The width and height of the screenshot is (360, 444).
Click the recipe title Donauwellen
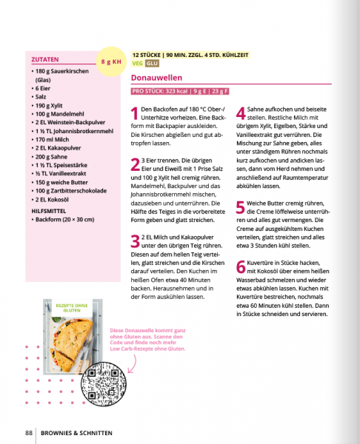(x=156, y=77)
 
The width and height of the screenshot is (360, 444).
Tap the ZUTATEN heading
(x=46, y=59)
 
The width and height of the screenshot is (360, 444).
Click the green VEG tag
(x=137, y=64)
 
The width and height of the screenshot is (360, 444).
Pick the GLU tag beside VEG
(x=152, y=64)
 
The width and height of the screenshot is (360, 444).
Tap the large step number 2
(x=134, y=165)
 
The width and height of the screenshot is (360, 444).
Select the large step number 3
(x=134, y=241)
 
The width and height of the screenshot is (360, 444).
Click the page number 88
(x=28, y=432)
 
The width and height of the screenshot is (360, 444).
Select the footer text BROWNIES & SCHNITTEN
(x=78, y=432)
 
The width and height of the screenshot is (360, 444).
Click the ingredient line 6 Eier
(x=44, y=88)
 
